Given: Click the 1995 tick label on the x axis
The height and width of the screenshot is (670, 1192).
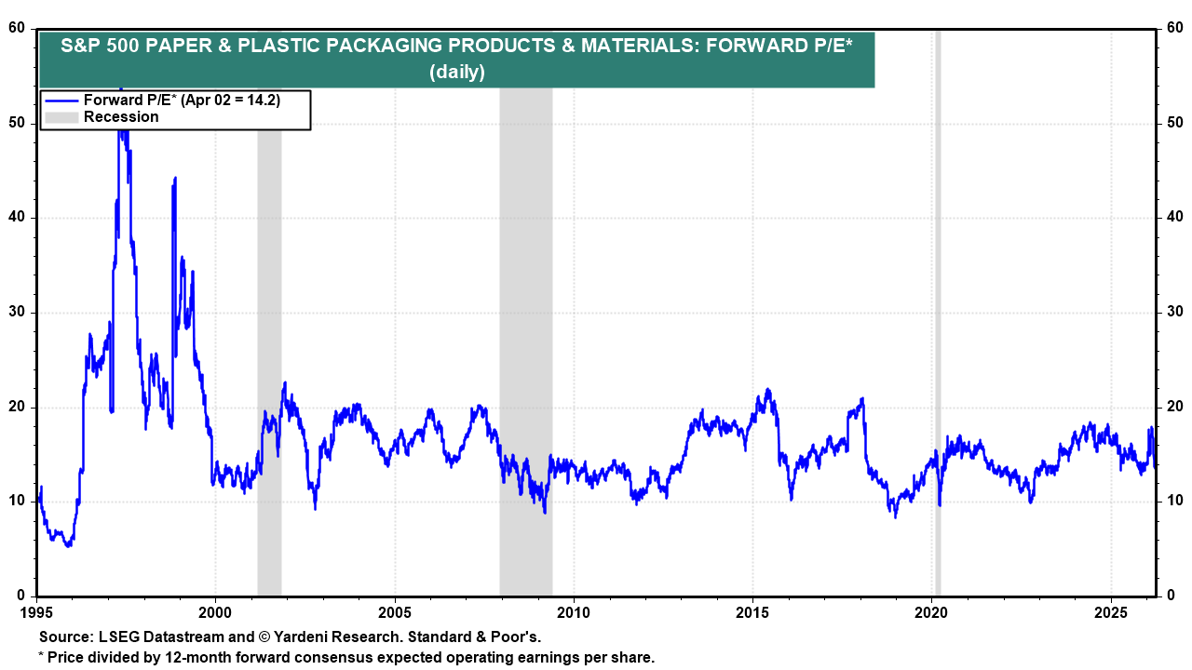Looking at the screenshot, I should tap(36, 614).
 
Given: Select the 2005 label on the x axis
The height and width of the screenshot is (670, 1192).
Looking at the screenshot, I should tap(395, 614).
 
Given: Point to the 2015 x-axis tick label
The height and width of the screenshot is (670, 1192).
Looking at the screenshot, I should tap(752, 614).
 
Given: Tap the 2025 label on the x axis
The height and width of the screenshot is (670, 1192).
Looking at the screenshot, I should tap(1111, 614).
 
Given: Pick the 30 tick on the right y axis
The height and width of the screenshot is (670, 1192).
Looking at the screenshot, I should tap(1174, 312).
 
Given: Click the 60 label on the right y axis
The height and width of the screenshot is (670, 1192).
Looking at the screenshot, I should tap(1174, 28).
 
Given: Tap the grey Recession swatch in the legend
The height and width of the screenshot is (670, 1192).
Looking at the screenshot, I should tap(61, 117).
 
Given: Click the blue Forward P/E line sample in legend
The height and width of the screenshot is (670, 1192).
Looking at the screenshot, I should tap(61, 100).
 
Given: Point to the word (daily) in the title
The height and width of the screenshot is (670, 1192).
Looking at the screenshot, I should tap(456, 72).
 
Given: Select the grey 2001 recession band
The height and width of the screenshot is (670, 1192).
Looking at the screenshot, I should tap(269, 372).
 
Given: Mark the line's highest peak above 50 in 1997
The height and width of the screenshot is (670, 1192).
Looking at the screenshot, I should tap(120, 90).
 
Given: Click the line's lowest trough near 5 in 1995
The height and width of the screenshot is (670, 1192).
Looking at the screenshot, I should tap(68, 545).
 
